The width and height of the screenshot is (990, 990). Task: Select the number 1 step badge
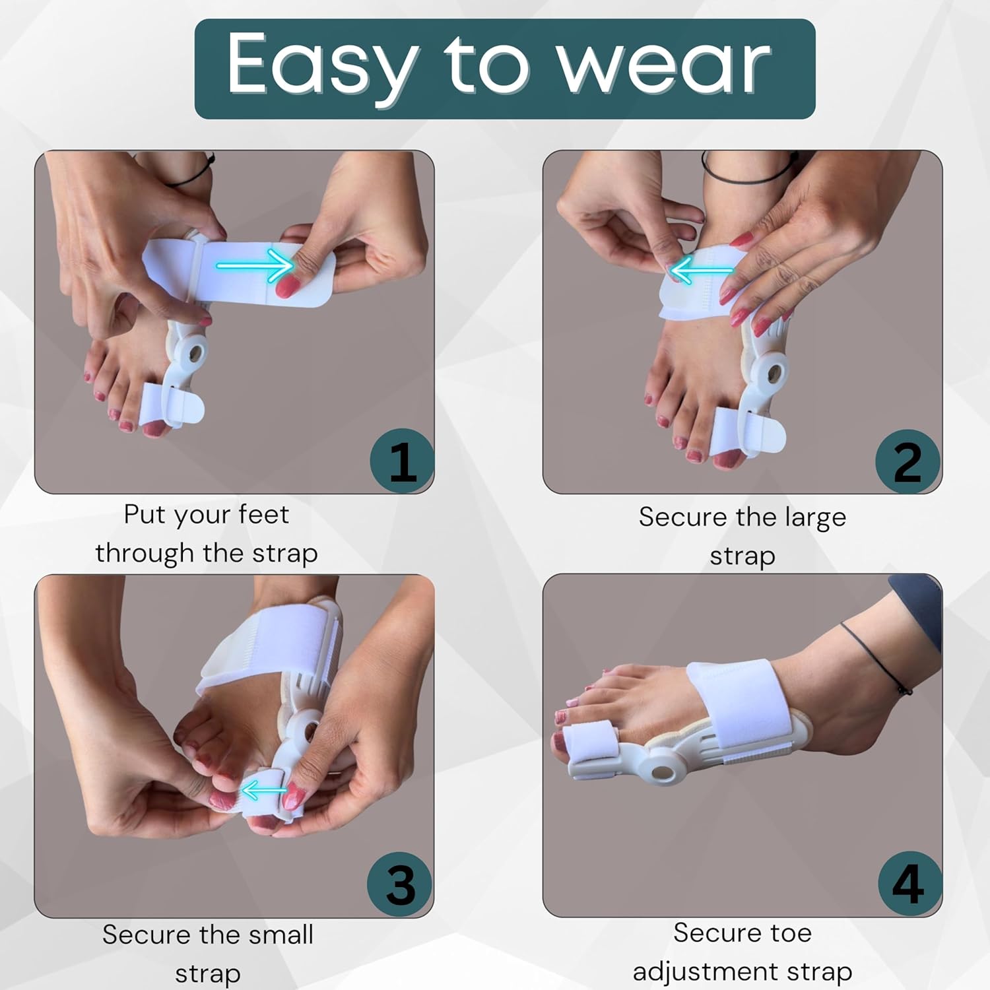(401, 461)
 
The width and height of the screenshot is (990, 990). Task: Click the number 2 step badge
(907, 461)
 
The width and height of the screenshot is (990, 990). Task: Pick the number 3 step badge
(400, 884)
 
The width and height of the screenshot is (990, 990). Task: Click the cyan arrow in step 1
(254, 266)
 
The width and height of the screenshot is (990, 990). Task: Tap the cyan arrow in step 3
(263, 790)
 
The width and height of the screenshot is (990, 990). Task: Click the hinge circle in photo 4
(660, 771)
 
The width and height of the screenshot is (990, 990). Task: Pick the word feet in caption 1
(263, 515)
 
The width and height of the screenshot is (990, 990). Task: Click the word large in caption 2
(815, 517)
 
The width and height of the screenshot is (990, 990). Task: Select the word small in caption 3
(276, 935)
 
